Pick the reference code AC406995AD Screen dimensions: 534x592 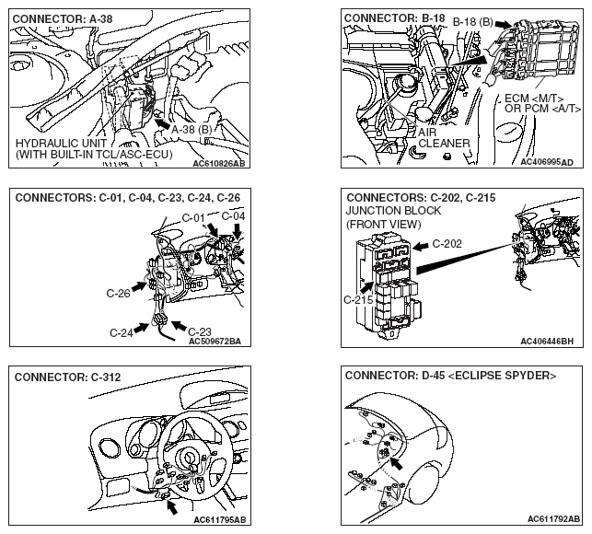(x=546, y=162)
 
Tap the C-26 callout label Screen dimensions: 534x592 (x=120, y=294)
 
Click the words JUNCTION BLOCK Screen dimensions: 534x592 (x=394, y=210)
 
